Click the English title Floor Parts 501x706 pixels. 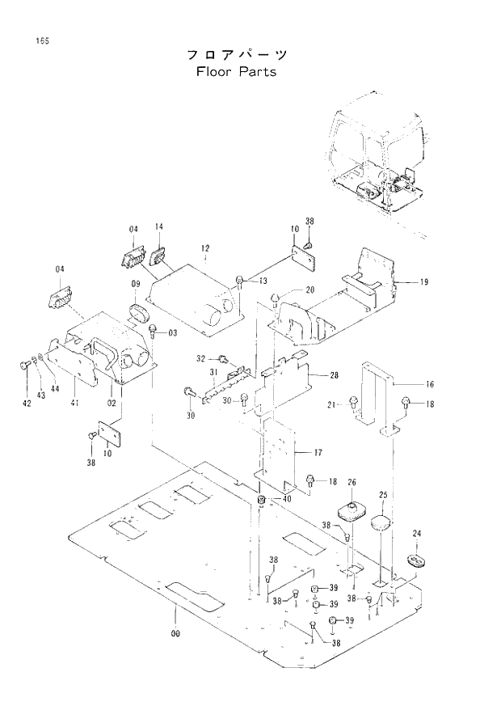tap(236, 71)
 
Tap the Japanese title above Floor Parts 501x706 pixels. tap(236, 54)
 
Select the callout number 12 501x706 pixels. tap(205, 247)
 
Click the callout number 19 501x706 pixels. tap(423, 282)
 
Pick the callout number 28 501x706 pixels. tap(334, 374)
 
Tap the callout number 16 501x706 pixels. tap(430, 384)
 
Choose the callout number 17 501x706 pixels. tap(318, 454)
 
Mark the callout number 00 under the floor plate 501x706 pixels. tap(175, 633)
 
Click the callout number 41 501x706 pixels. tap(74, 403)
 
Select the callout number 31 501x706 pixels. tap(214, 371)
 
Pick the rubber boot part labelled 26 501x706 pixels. tap(350, 511)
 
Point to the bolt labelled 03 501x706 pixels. tap(152, 329)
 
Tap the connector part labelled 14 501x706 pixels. tap(158, 254)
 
